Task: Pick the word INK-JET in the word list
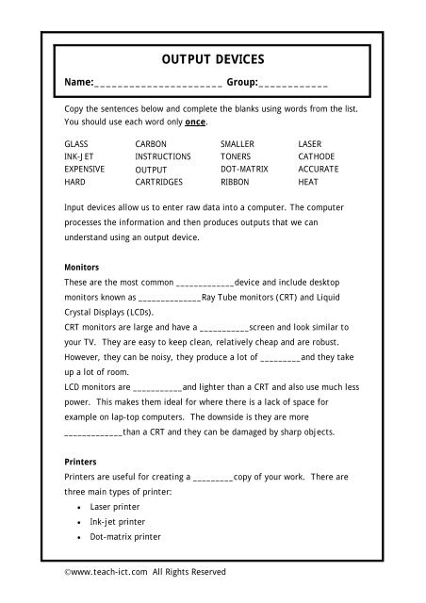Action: point(79,155)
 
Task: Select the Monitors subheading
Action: point(82,268)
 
